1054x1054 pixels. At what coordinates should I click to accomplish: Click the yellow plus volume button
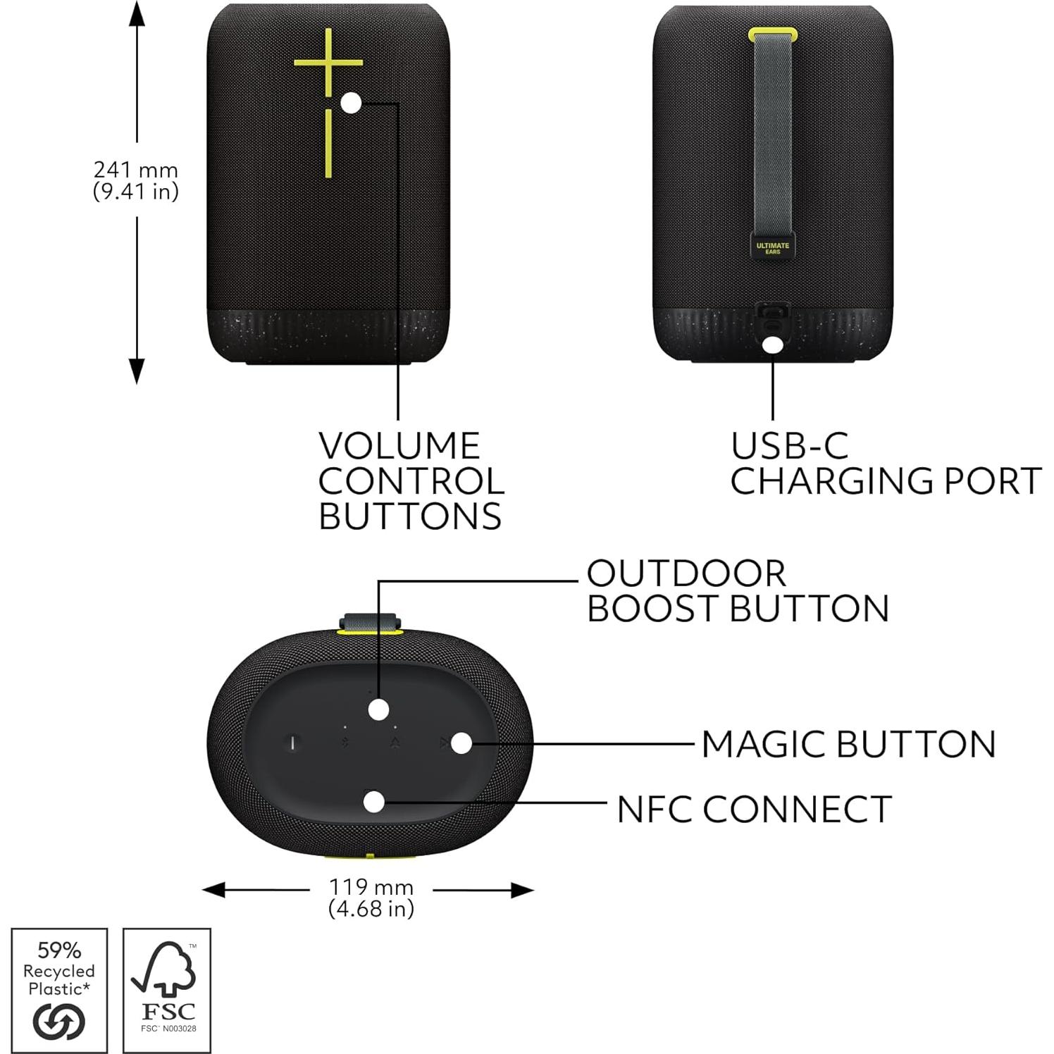coord(328,62)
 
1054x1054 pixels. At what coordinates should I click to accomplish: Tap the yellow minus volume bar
coord(328,143)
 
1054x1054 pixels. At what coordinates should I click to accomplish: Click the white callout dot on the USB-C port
coord(773,345)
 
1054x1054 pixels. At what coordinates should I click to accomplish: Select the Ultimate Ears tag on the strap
coord(773,248)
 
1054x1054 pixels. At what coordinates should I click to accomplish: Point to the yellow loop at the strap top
coord(773,33)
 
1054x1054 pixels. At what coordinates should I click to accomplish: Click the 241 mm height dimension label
coord(136,180)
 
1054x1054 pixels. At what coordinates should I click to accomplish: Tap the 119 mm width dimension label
coord(371,898)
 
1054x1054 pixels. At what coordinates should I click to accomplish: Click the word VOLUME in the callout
coord(399,446)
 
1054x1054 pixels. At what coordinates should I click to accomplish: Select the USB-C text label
coord(789,446)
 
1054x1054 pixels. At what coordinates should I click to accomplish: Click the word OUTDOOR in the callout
coord(686,573)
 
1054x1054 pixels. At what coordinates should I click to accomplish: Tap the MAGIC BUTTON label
coord(848,744)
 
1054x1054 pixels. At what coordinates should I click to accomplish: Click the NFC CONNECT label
coord(754,809)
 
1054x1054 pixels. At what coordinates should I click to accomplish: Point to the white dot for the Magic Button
coord(461,743)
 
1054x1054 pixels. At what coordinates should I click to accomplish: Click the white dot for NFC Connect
coord(375,802)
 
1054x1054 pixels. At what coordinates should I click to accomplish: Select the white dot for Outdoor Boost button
coord(379,709)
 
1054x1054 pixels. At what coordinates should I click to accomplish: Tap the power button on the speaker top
coord(294,743)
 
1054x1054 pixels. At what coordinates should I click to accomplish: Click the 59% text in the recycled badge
coord(59,950)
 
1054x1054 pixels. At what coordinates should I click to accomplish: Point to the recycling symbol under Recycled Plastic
coord(59,1021)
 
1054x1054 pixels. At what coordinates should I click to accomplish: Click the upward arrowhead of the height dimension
coord(137,14)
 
